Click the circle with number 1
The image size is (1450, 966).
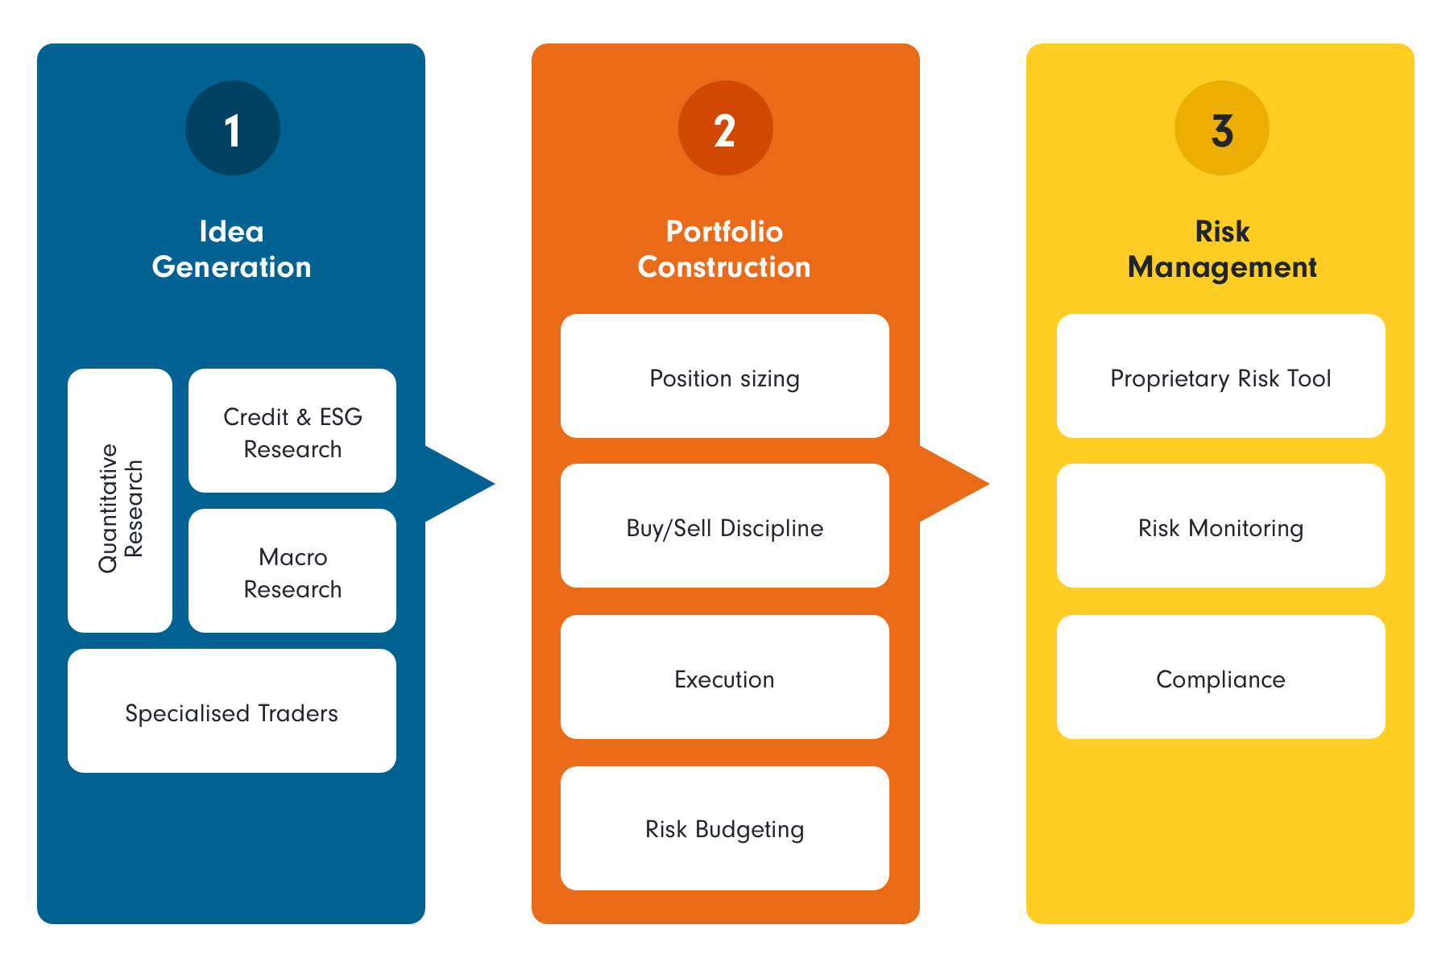[x=232, y=128]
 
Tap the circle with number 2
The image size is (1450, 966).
[x=725, y=128]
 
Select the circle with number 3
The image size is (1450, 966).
[x=1221, y=128]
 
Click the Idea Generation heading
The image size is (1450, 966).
[x=232, y=249]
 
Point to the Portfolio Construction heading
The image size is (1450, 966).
[x=724, y=249]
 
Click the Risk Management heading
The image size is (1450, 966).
[x=1221, y=249]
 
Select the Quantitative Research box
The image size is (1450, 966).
[x=120, y=501]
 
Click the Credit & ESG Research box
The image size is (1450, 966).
[x=292, y=431]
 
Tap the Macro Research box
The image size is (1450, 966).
[x=292, y=572]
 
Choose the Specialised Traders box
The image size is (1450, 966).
[x=232, y=712]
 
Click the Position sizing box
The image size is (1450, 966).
[x=724, y=377]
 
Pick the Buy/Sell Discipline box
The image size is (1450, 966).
[x=724, y=526]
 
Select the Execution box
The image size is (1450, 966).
[x=724, y=678]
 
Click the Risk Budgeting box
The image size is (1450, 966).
[x=724, y=828]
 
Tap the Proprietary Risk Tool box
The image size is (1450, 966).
[x=1220, y=377]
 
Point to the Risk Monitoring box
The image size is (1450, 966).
[x=1220, y=526]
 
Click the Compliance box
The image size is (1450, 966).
[x=1220, y=678]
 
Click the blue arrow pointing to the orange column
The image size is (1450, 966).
[x=455, y=484]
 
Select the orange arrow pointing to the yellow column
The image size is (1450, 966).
[x=951, y=484]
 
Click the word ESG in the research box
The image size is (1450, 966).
[x=341, y=417]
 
